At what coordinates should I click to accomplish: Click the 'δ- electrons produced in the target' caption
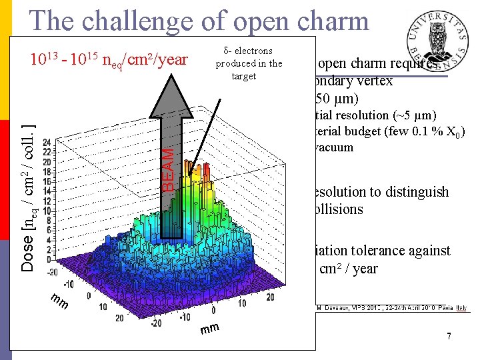pos(249,63)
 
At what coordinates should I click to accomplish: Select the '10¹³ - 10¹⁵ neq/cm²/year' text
pos(109,60)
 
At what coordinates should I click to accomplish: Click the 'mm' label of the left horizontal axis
pos(60,303)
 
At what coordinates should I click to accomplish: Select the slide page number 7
pos(449,337)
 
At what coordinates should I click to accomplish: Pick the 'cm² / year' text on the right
pos(349,269)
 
